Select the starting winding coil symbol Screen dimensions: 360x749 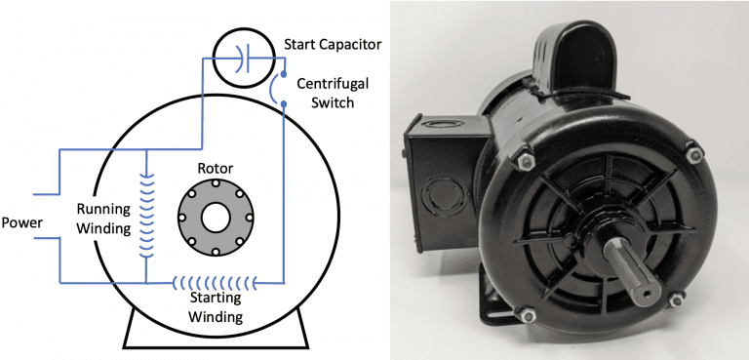click(215, 284)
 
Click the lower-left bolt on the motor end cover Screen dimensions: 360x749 click(518, 314)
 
